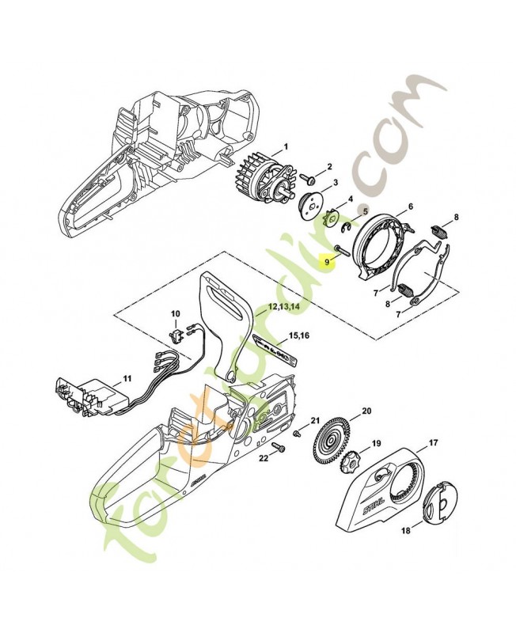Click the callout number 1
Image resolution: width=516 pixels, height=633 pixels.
286,146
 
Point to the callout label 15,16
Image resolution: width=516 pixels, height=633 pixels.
298,335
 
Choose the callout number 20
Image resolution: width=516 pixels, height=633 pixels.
366,411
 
